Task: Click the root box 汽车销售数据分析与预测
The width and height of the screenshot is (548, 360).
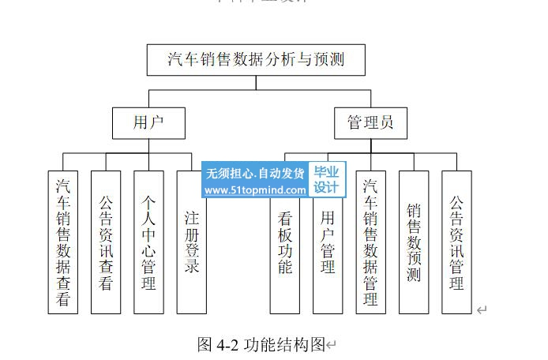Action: click(x=256, y=60)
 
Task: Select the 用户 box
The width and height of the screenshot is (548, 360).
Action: click(x=148, y=122)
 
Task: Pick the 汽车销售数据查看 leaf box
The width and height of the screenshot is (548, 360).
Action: click(x=63, y=242)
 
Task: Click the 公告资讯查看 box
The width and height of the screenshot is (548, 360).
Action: click(x=106, y=242)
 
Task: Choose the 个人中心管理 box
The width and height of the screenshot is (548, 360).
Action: click(x=148, y=242)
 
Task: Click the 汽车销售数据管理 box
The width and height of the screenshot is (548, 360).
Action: click(x=370, y=242)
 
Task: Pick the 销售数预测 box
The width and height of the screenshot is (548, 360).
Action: click(x=413, y=242)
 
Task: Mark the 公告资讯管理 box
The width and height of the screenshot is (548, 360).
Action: click(x=456, y=242)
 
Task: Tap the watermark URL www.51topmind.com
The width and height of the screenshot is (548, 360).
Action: click(x=255, y=190)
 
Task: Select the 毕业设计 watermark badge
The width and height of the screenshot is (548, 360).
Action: click(x=326, y=180)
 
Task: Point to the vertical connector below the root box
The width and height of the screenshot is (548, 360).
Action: click(x=256, y=85)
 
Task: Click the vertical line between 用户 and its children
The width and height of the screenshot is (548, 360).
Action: click(x=148, y=146)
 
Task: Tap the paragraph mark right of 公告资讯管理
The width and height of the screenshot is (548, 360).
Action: click(x=482, y=310)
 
